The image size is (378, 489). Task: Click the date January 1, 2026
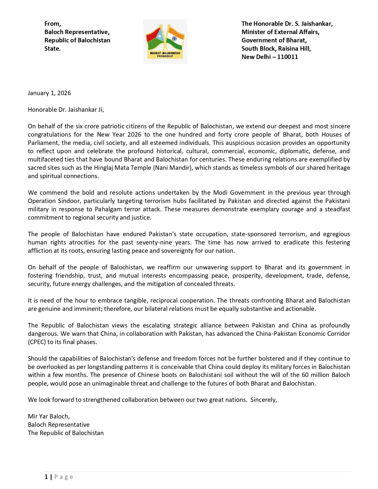[49, 93]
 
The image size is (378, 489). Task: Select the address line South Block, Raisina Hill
[276, 49]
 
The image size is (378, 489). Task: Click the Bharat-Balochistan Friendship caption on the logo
[165, 55]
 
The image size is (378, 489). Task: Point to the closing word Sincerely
[264, 400]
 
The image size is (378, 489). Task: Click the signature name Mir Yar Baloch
[49, 416]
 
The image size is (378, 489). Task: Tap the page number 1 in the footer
[46, 477]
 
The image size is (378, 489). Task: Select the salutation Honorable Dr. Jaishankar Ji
[66, 110]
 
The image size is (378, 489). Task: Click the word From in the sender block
[52, 24]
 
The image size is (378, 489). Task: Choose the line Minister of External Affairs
[280, 32]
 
